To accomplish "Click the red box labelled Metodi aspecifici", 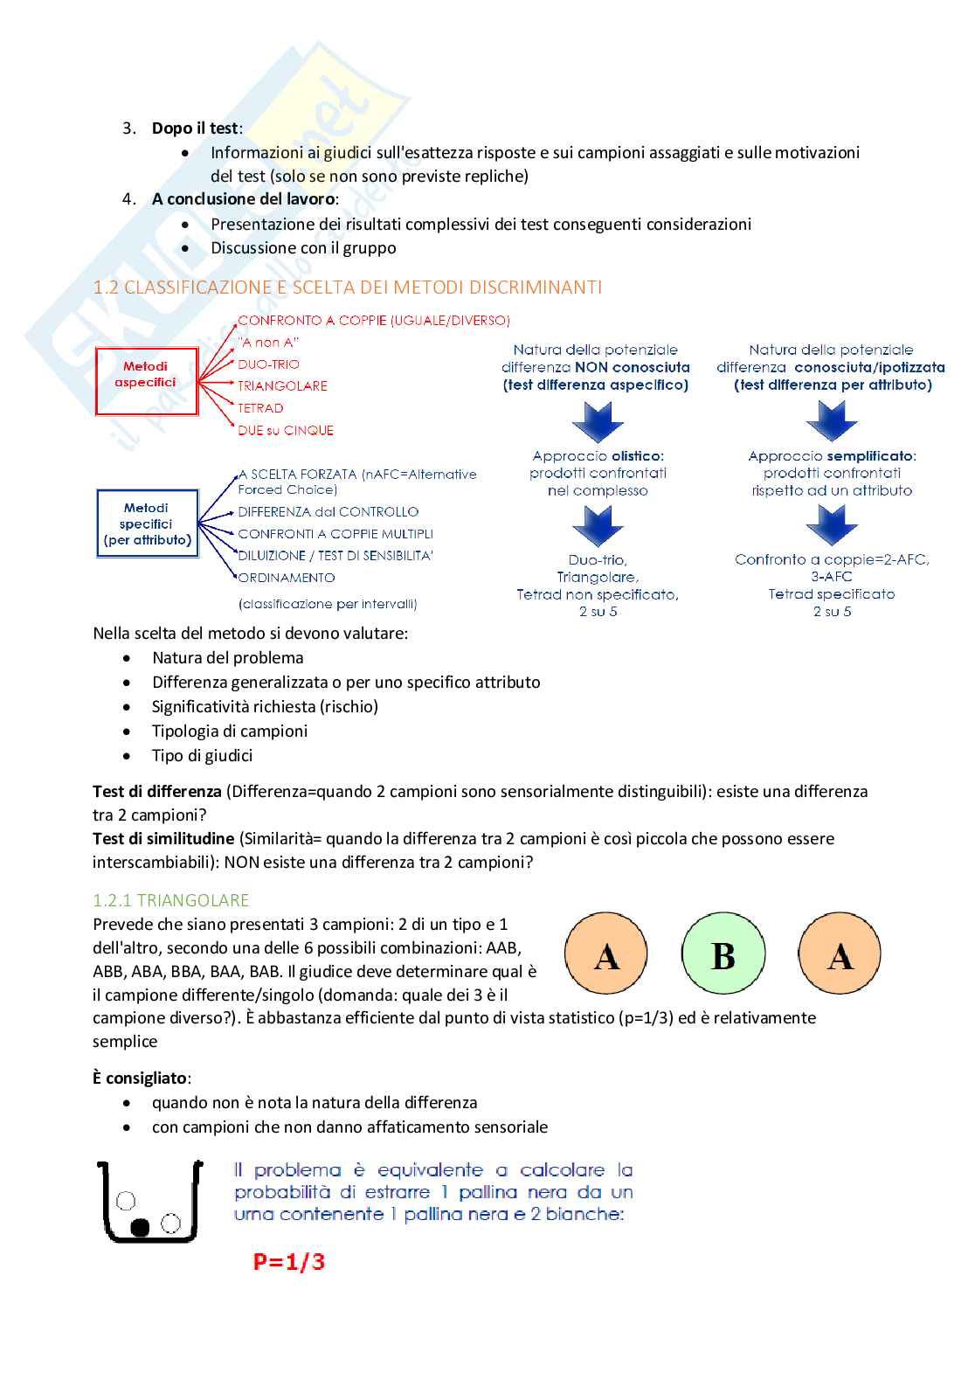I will click(146, 381).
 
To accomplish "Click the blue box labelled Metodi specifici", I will click(147, 523).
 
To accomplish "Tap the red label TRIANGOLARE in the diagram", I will click(282, 386).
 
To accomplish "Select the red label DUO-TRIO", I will click(268, 364).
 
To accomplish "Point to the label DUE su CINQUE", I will click(286, 430).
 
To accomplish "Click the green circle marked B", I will click(723, 954).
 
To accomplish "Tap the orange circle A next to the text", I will click(606, 954).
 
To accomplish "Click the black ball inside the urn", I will click(140, 1227).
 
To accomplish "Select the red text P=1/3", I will click(288, 1261).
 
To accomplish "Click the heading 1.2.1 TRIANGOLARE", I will click(171, 900).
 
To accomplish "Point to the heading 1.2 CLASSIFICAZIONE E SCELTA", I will click(348, 288).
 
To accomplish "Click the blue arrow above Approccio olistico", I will click(598, 421).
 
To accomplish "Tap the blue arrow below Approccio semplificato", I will click(832, 524).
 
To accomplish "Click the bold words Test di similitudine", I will click(163, 839).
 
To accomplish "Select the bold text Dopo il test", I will click(195, 128).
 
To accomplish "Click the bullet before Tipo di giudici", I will click(128, 756).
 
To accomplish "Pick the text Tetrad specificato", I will click(831, 594).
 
